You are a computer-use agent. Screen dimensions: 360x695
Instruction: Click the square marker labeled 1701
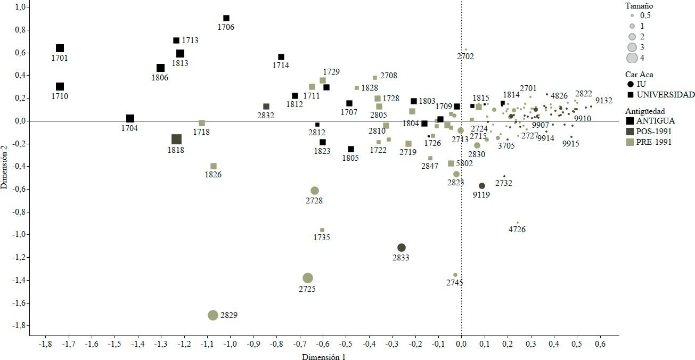60,48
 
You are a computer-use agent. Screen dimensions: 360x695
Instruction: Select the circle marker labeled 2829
213,315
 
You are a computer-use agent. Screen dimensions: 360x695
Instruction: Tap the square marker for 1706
226,18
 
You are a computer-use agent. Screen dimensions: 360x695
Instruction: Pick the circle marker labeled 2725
308,278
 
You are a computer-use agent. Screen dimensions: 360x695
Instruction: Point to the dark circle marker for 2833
402,248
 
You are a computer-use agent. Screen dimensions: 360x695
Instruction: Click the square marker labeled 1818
176,140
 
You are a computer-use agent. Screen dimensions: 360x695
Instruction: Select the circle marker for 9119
482,186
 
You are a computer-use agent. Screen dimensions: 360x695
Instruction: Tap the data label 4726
517,230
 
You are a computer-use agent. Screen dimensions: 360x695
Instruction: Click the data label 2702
465,56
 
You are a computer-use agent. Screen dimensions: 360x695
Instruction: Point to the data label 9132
604,100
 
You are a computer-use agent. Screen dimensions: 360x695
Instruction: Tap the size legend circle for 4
632,58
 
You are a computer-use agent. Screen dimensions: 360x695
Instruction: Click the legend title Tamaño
639,6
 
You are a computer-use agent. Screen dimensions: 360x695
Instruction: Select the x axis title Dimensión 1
324,357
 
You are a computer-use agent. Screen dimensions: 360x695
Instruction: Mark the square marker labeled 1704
130,119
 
